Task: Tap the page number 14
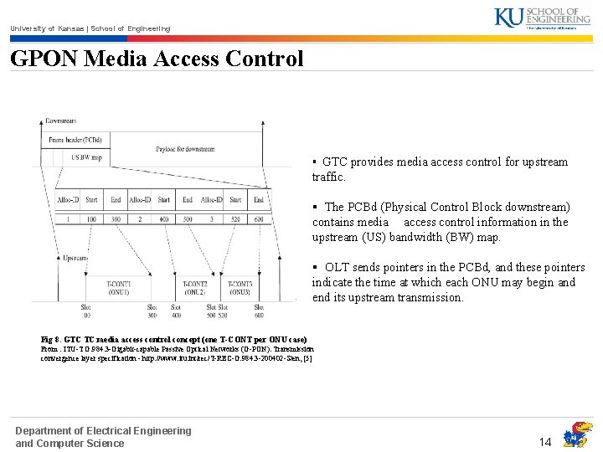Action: point(545,441)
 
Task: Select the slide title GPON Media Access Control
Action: point(157,59)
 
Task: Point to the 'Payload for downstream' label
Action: point(184,149)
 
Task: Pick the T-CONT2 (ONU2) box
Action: point(195,288)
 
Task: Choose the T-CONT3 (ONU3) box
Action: point(240,288)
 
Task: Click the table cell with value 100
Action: point(91,218)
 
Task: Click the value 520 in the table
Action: point(236,218)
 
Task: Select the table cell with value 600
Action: point(259,218)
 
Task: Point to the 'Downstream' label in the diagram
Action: point(61,121)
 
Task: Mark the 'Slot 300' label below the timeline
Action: point(152,311)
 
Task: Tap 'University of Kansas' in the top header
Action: point(42,28)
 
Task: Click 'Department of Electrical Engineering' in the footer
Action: point(103,430)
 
